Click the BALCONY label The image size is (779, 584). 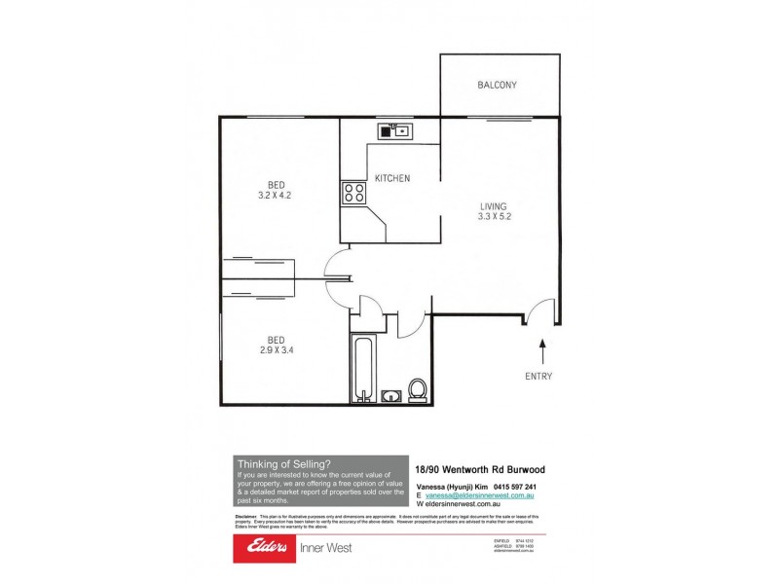[497, 86]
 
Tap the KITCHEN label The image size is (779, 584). [392, 178]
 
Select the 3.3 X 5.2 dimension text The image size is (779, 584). [496, 217]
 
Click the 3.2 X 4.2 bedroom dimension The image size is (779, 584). [277, 196]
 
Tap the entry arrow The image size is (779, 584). [538, 348]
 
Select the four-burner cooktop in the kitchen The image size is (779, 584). [352, 191]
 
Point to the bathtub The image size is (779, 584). [362, 367]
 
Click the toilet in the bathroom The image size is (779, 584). [419, 389]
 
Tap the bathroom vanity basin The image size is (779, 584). [391, 396]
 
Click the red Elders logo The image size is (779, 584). [261, 547]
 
